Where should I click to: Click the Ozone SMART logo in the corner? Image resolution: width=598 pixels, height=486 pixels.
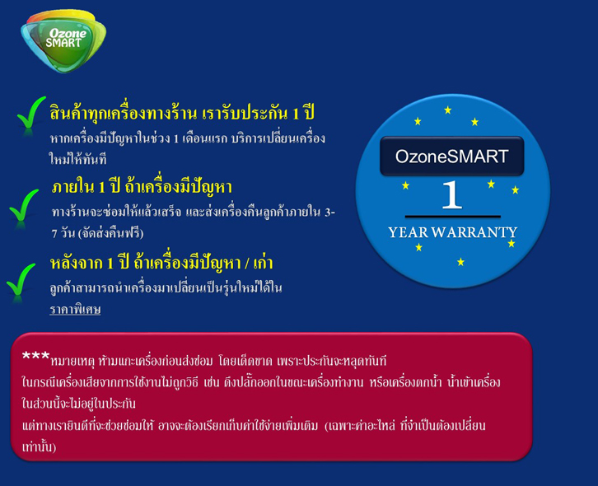click(63, 40)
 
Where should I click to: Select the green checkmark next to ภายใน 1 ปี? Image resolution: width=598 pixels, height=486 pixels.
click(23, 206)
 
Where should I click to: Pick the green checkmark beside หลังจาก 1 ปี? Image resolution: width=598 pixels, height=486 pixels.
click(21, 280)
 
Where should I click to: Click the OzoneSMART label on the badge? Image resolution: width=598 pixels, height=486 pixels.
click(452, 157)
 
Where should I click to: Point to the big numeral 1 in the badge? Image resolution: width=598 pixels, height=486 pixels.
click(452, 194)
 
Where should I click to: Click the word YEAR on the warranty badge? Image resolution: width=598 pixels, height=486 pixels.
click(408, 232)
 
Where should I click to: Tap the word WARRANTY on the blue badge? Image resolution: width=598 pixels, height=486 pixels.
click(474, 232)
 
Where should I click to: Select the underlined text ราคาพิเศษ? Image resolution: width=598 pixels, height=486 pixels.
click(75, 309)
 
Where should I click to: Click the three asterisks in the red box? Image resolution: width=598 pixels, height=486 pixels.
click(35, 357)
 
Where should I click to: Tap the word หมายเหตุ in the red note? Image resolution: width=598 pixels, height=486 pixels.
click(72, 361)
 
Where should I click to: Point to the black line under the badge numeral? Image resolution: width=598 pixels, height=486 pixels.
click(453, 217)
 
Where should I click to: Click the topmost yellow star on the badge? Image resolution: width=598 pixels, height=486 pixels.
click(448, 110)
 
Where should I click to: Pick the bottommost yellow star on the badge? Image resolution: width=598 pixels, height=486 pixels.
click(460, 262)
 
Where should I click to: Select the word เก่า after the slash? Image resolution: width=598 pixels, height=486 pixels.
click(263, 263)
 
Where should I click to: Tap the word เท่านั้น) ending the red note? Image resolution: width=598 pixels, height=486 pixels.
click(39, 446)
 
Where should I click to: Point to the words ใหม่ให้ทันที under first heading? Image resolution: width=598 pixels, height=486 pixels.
click(77, 158)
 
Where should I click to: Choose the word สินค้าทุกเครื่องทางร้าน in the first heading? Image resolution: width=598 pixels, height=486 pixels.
click(124, 114)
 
